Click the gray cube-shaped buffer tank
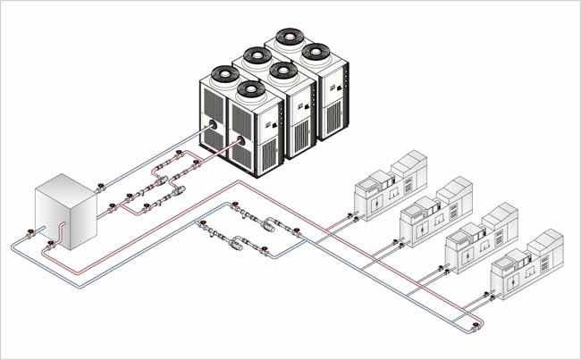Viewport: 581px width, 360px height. pos(63,214)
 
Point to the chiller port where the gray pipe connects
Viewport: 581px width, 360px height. pos(212,127)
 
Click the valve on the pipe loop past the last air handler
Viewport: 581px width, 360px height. pos(476,324)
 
